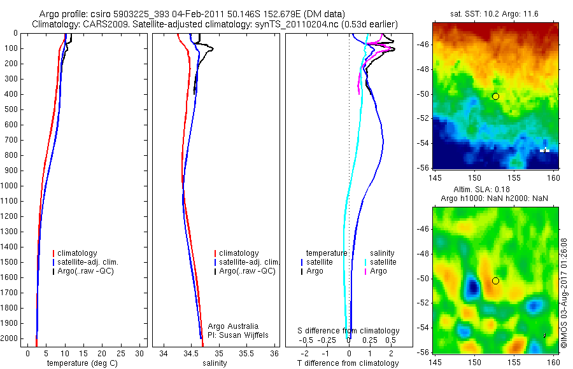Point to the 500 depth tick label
(x=10, y=109)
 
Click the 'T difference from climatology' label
(x=348, y=363)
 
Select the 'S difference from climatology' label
(x=349, y=331)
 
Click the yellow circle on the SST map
(x=495, y=96)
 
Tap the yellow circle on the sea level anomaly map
(x=495, y=281)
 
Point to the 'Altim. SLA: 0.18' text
(x=495, y=190)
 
